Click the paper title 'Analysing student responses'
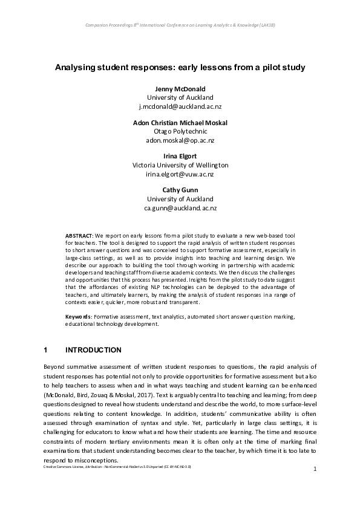[180, 66]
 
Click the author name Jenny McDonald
[180, 88]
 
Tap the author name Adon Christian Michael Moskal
[180, 122]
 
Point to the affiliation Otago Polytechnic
[180, 131]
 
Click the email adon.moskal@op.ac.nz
[180, 140]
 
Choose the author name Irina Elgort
[180, 156]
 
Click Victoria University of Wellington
[180, 165]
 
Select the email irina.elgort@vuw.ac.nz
[180, 173]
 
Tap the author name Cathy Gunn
[180, 190]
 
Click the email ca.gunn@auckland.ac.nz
[180, 207]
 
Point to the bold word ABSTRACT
[79, 234]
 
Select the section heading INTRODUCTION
[93, 350]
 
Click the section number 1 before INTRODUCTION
[46, 350]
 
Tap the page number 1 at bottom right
[315, 486]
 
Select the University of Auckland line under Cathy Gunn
[180, 199]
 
